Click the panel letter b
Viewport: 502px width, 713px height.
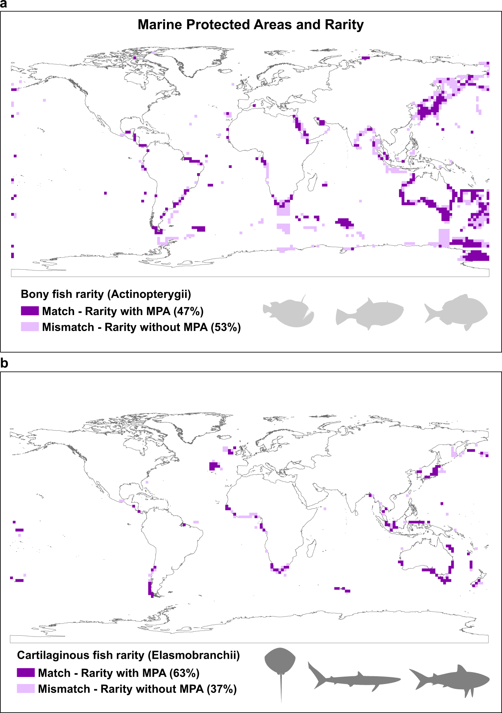[4, 363]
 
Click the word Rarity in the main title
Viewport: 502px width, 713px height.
[344, 25]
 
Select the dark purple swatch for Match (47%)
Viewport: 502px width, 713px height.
[30, 311]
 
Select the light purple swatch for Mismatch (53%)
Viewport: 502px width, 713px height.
[30, 327]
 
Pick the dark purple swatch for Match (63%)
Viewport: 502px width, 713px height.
[26, 673]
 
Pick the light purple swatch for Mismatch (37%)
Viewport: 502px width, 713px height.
[26, 688]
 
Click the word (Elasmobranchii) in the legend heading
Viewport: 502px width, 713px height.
[194, 655]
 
